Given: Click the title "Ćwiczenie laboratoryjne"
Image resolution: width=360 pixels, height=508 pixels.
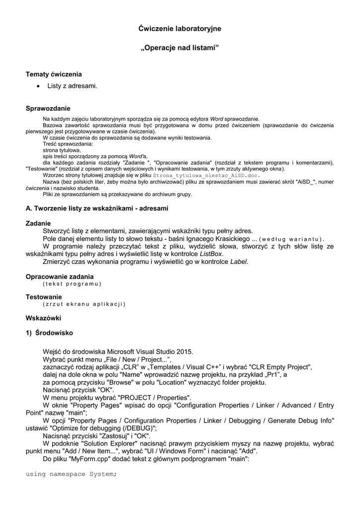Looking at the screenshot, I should coord(179,29).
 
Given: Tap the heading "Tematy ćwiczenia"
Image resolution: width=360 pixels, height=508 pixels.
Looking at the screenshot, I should coord(54,74).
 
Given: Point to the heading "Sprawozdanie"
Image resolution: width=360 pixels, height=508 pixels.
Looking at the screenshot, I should coord(48,108).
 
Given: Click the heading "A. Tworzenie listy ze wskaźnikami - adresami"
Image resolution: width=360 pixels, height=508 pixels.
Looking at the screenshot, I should coord(97,208).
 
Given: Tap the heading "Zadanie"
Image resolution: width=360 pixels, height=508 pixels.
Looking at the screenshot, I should coord(38,223).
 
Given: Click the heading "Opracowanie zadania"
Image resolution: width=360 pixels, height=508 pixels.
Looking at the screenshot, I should coord(60,276).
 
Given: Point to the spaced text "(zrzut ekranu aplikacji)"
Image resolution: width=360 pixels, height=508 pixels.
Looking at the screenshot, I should coord(84,304).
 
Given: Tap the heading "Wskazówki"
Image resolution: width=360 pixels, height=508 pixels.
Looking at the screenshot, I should coord(43,317).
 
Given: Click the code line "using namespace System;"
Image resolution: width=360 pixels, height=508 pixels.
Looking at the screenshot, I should coord(71,474).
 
